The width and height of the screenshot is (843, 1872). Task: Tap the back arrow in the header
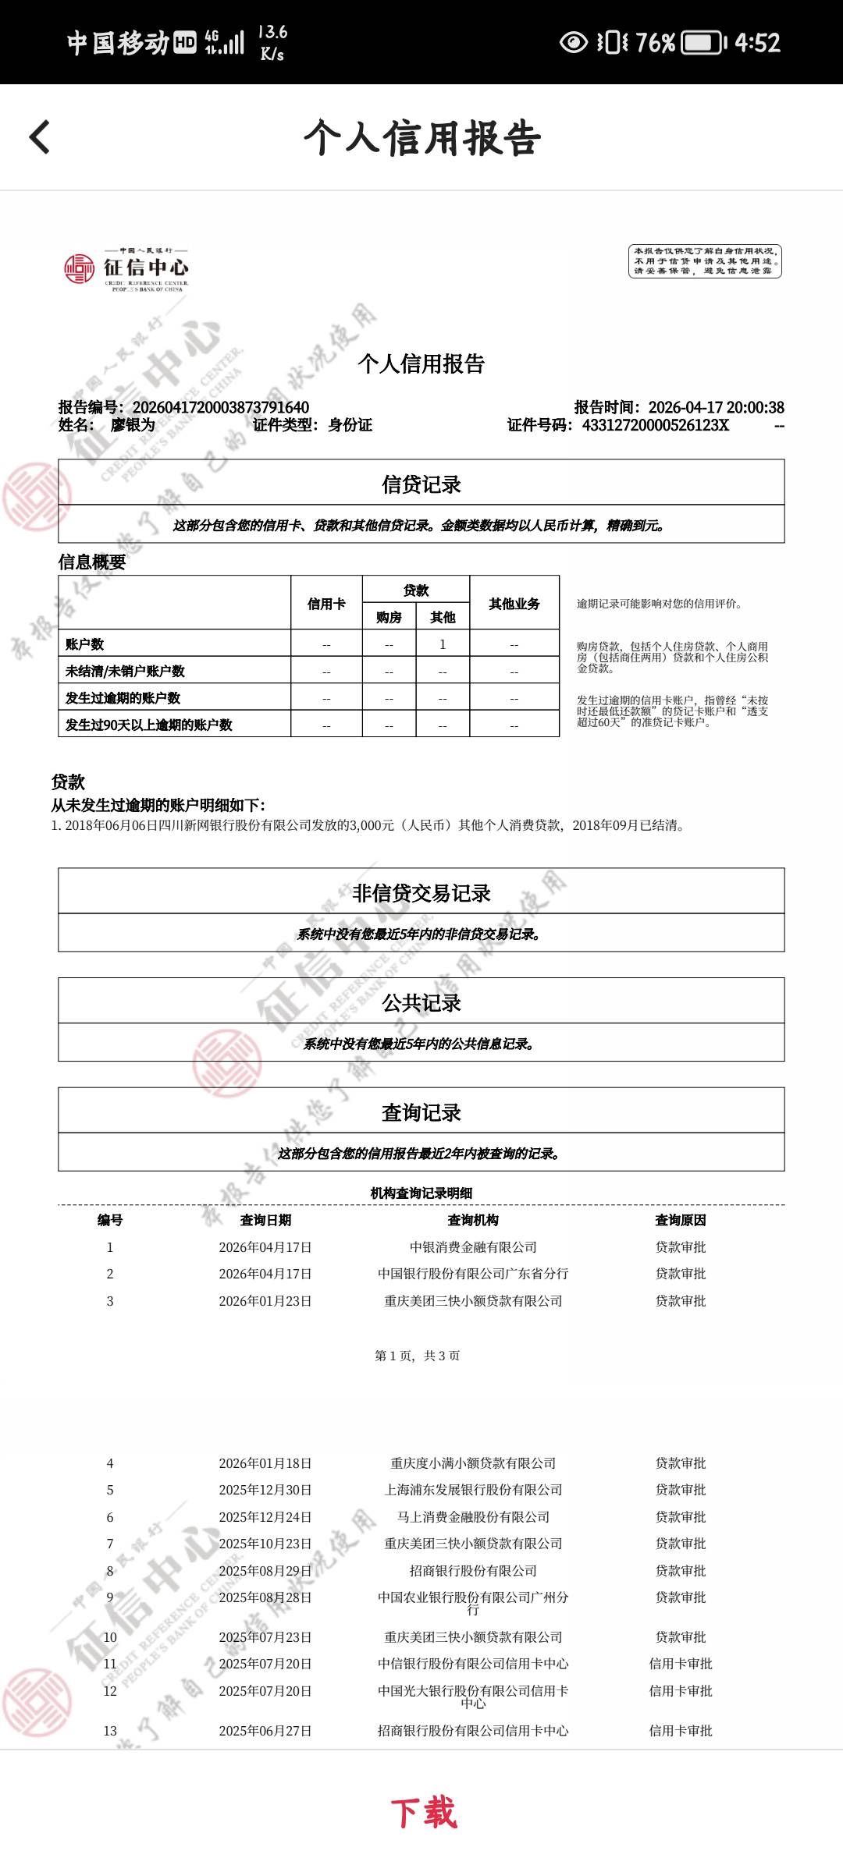pos(40,137)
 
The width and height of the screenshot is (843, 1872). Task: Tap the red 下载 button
pos(423,1813)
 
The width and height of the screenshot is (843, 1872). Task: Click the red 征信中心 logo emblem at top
pos(79,269)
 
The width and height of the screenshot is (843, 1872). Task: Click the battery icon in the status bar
pos(704,42)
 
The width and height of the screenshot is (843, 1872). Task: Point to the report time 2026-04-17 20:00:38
pos(716,407)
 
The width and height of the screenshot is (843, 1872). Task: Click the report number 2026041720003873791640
pos(221,407)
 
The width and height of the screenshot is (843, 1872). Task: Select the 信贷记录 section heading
pos(421,484)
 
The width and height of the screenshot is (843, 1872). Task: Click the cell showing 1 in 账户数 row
pos(443,644)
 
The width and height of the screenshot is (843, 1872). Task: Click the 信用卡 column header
pos(326,604)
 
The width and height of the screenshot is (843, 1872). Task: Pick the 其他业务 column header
pos(514,604)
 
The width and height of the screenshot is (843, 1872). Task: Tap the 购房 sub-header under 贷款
pos(389,618)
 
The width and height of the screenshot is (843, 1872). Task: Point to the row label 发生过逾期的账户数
pos(123,698)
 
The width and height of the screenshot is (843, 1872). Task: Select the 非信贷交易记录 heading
pos(421,893)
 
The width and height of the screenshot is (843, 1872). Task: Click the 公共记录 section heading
pos(421,1003)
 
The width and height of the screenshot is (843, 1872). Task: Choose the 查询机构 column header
pos(473,1220)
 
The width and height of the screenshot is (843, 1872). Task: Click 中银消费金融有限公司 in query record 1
pos(473,1247)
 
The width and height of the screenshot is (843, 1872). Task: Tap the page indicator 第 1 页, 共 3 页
pos(418,1356)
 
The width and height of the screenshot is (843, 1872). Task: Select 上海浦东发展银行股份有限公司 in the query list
pos(473,1490)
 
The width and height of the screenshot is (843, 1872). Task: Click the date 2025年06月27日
pos(265,1731)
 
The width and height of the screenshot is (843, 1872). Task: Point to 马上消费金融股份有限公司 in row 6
pos(473,1517)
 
